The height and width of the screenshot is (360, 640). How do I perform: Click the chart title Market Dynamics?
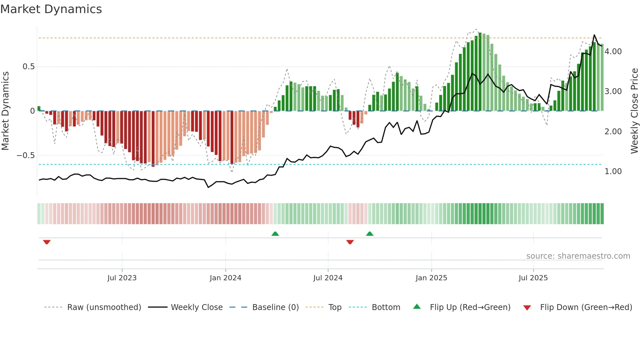pos(51,9)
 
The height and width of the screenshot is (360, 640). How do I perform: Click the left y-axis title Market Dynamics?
pos(5,111)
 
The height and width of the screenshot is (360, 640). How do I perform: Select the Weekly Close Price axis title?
pos(634,111)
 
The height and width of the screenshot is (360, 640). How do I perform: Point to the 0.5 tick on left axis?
pos(28,67)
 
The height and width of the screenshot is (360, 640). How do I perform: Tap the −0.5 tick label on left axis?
pos(26,155)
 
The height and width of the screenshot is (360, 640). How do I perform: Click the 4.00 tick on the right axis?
pos(613,52)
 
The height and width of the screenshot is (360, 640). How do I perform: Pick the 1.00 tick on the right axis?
pos(613,172)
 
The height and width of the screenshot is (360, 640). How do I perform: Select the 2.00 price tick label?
pos(613,132)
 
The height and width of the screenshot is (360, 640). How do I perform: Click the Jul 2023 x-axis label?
pos(122,278)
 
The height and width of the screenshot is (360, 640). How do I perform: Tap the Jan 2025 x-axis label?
pos(431,278)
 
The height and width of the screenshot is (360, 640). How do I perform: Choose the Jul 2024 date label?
pos(328,278)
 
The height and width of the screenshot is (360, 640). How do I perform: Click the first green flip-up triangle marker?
pos(275,234)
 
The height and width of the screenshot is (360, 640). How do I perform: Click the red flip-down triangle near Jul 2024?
pos(350,242)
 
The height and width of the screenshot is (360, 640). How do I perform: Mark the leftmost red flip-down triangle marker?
pos(47,242)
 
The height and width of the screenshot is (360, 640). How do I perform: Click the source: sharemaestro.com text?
pos(578,256)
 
